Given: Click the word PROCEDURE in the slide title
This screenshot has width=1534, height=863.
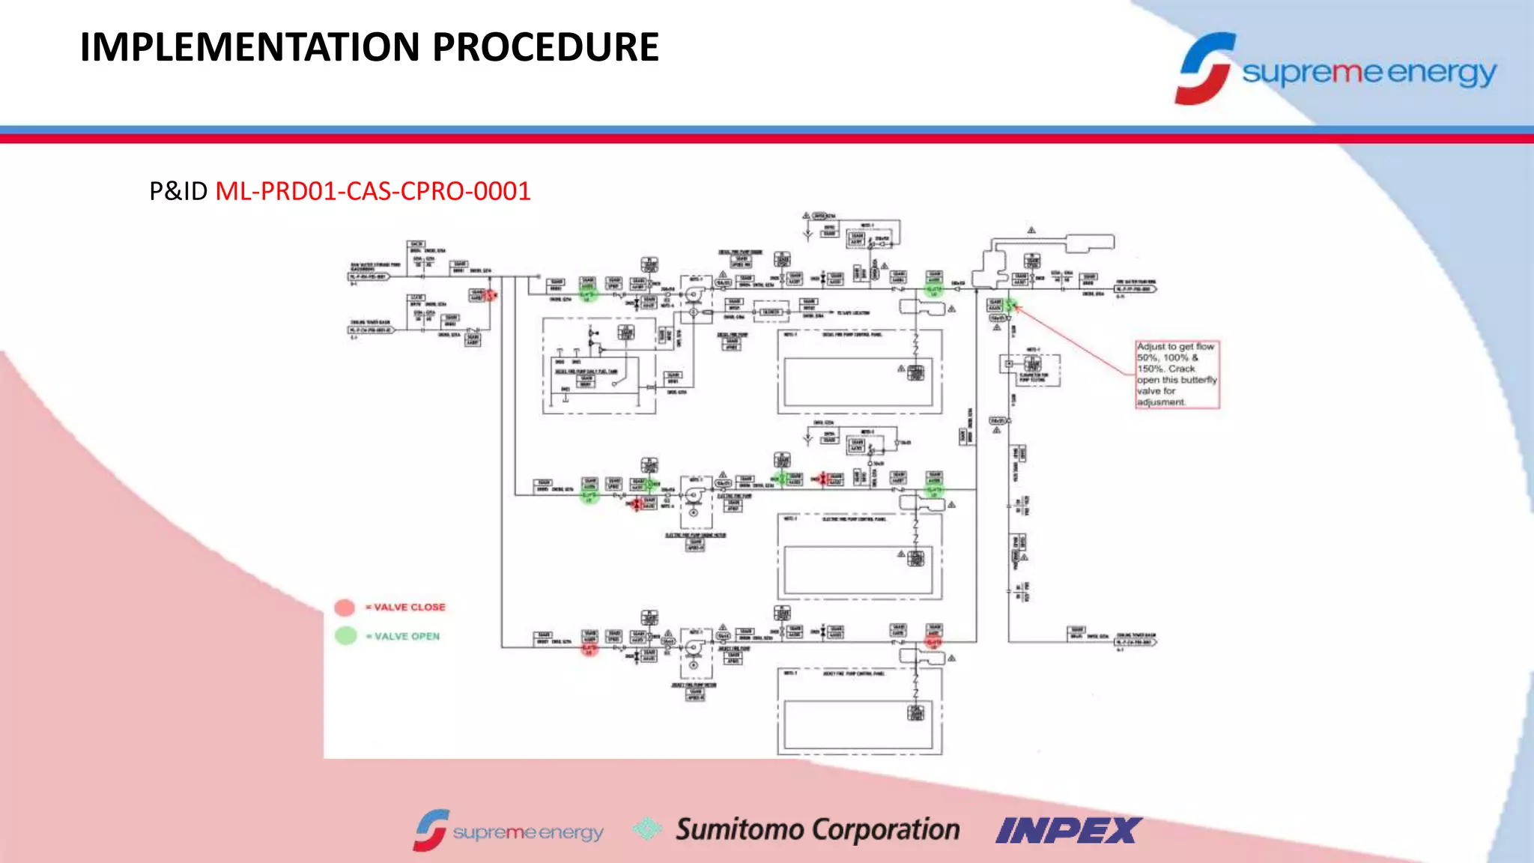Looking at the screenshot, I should point(545,47).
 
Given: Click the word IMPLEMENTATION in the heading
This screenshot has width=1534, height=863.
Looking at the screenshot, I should point(250,47).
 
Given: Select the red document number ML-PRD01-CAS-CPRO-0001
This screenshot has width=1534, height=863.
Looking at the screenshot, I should point(372,191).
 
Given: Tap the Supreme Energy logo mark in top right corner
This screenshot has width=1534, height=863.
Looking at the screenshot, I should point(1204,68).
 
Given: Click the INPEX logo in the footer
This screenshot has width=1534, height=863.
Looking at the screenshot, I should point(1068,830).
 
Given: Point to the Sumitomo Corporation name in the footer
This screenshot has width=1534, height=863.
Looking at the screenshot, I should point(817,829).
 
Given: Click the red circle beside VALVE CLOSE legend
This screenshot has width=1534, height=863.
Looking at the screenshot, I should point(345,608).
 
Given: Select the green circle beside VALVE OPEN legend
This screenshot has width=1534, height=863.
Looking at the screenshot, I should point(345,636).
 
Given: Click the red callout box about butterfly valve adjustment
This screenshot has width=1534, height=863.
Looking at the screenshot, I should point(1177,375).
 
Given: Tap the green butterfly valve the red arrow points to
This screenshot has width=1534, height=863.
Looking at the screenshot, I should point(1010,305).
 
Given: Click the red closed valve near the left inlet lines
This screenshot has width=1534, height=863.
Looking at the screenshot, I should point(490,295).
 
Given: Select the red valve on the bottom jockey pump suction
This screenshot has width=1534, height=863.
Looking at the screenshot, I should point(589,648).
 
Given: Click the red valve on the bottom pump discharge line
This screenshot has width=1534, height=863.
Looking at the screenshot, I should point(934,643).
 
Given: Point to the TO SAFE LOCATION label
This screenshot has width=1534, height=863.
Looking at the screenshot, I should point(853,312).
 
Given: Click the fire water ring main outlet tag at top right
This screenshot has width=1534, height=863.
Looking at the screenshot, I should point(1136,288).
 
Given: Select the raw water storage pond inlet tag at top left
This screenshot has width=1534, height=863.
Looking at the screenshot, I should point(369,276).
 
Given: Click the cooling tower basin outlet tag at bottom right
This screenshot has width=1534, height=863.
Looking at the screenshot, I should point(1136,642).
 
